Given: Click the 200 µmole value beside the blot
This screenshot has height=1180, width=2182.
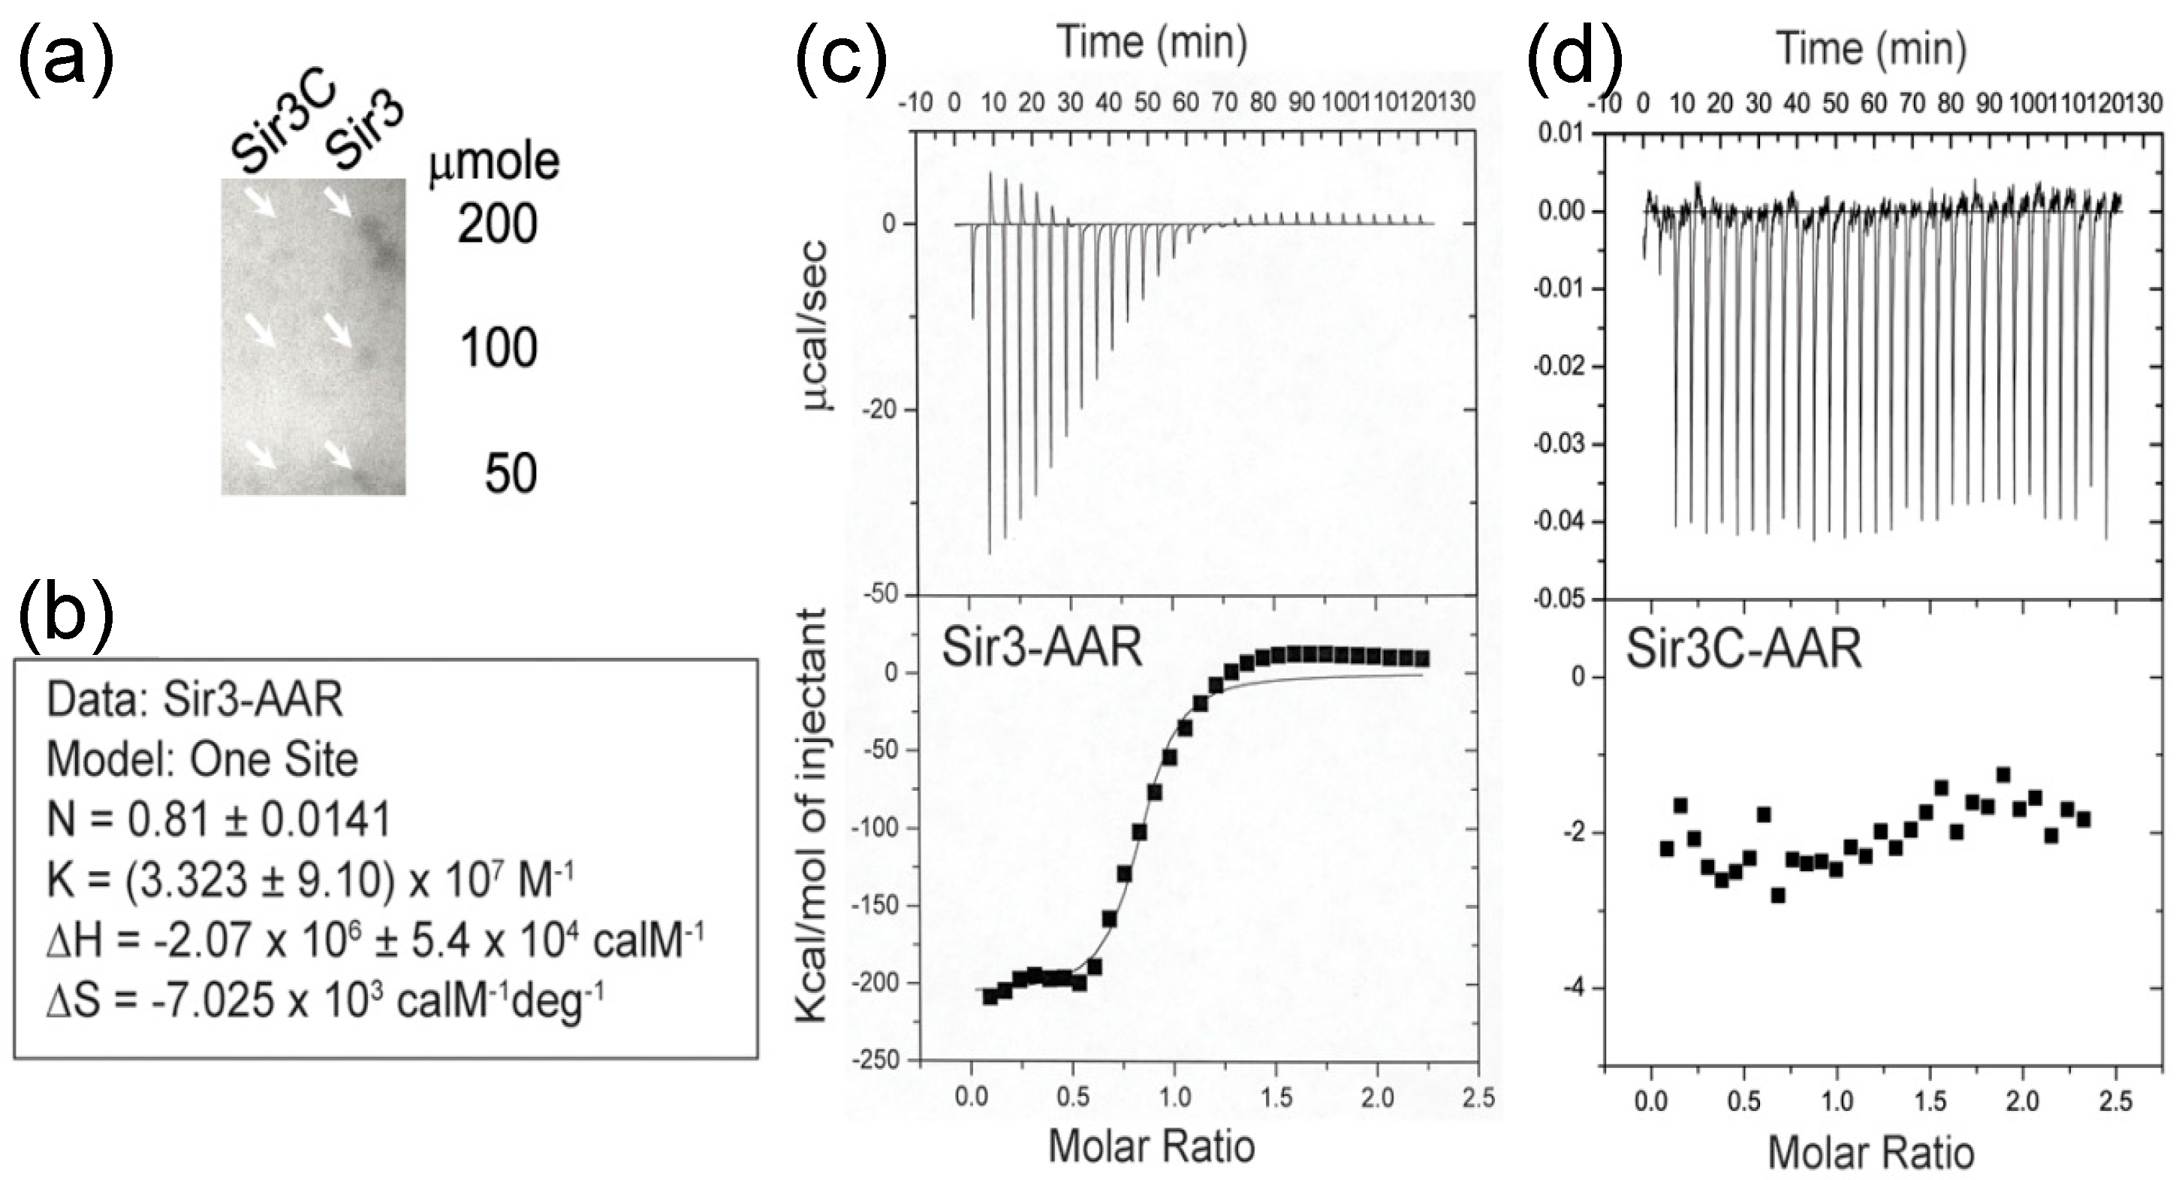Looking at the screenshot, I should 497,225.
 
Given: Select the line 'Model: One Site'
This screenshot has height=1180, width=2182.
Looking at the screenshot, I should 203,759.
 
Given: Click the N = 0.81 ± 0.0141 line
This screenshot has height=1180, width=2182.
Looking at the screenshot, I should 219,819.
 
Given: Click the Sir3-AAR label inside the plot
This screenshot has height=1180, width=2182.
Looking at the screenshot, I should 1042,648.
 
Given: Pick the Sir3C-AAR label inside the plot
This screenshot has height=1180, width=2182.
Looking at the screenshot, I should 1743,650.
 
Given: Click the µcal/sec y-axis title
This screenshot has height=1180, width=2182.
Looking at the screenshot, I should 815,326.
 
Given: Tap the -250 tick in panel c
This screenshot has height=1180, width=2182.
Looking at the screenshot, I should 880,1061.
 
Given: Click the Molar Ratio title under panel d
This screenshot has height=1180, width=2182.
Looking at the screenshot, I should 1871,1153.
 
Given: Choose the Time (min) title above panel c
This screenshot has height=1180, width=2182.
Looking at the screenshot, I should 1151,42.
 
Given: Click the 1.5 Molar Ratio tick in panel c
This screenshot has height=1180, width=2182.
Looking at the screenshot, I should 1276,1099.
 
